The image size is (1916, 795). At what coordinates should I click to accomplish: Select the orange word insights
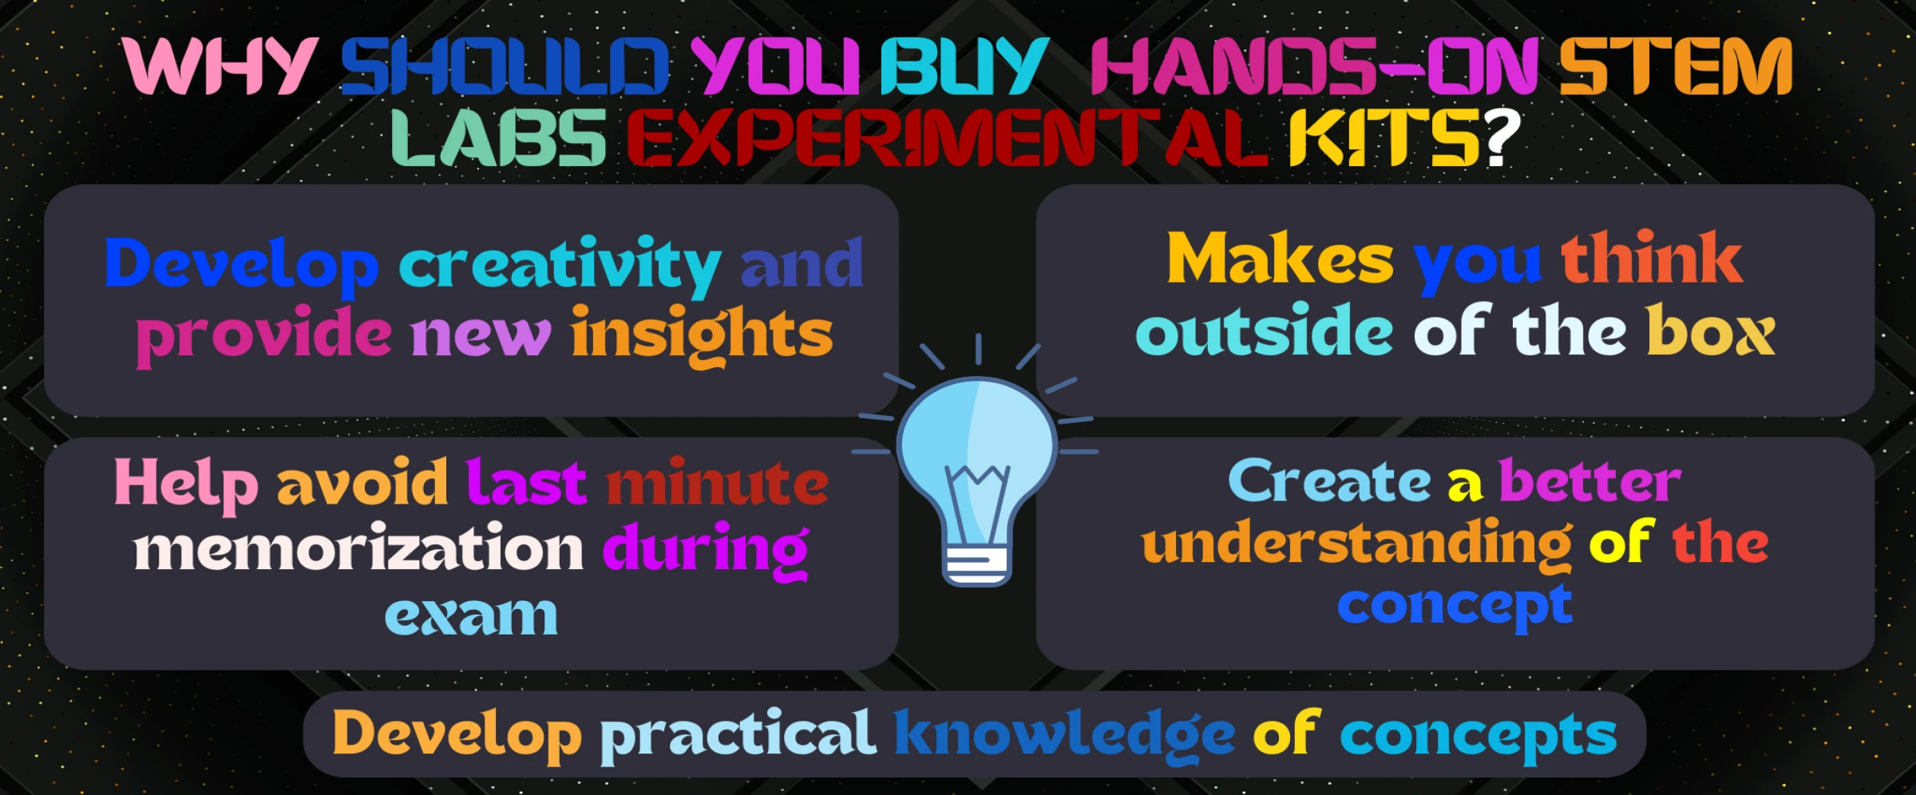pos(702,336)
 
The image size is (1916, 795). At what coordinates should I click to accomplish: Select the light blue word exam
pos(471,615)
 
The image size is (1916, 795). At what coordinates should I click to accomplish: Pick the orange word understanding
pos(1357,544)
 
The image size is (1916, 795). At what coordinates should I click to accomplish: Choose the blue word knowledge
pos(1064,734)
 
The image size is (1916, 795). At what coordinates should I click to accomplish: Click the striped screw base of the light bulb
pos(977,565)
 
